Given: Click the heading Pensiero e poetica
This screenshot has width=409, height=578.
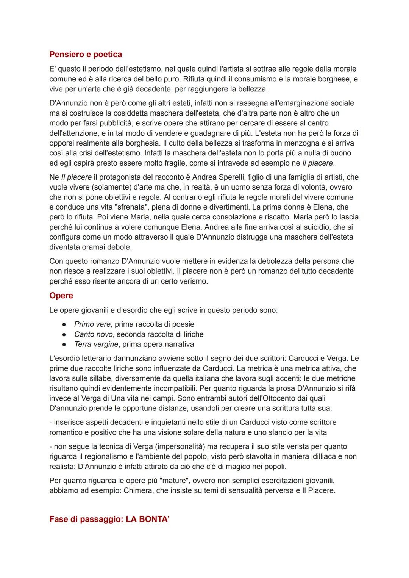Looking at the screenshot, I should (x=86, y=55).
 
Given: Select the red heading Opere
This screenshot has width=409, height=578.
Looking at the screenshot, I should (x=61, y=296).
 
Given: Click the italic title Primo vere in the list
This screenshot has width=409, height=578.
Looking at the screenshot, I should (x=92, y=324).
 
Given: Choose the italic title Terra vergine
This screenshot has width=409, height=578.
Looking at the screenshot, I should (x=96, y=344).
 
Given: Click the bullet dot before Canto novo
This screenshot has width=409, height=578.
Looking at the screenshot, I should (x=65, y=334).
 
